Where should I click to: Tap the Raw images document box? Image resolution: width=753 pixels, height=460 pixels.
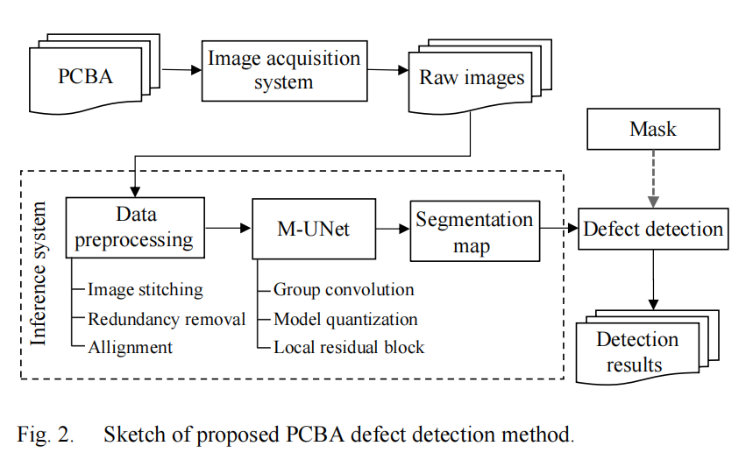pyautogui.click(x=472, y=78)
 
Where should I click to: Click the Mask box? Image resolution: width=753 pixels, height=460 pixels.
pyautogui.click(x=653, y=129)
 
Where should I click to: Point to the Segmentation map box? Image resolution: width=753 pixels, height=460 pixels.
pyautogui.click(x=473, y=232)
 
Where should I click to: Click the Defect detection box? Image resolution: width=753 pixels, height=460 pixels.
pyautogui.click(x=653, y=230)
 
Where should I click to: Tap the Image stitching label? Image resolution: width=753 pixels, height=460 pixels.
pyautogui.click(x=145, y=289)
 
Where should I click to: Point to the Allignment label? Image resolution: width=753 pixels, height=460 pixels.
pyautogui.click(x=130, y=347)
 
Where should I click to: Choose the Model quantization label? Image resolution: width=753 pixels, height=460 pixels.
pyautogui.click(x=345, y=318)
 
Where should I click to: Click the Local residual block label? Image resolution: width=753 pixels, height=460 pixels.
pyautogui.click(x=349, y=347)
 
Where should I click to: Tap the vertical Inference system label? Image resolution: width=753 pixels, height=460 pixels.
pyautogui.click(x=39, y=273)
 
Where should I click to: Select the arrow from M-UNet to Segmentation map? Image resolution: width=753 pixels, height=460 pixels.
pyautogui.click(x=392, y=230)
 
